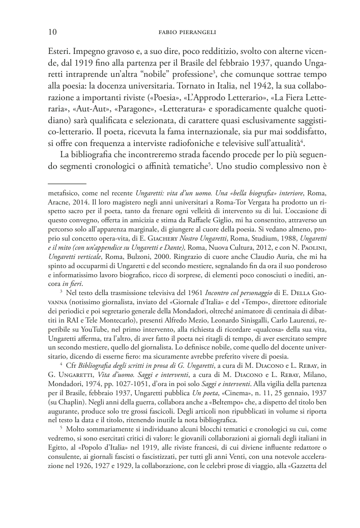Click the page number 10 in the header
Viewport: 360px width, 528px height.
click(x=52, y=32)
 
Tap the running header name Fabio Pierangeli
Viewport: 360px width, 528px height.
click(x=180, y=33)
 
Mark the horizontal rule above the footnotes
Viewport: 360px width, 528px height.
click(x=66, y=183)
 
